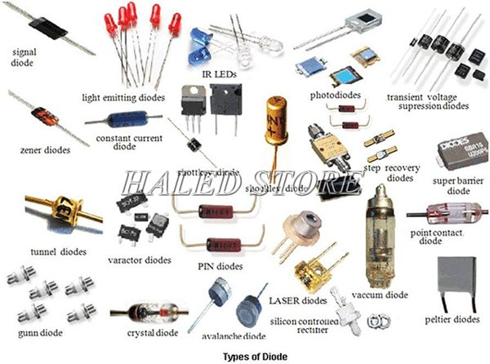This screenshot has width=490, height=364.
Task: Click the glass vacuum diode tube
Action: click(381, 236)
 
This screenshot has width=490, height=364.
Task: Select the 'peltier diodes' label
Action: click(456, 318)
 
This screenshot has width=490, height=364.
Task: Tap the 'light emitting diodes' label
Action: click(123, 97)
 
